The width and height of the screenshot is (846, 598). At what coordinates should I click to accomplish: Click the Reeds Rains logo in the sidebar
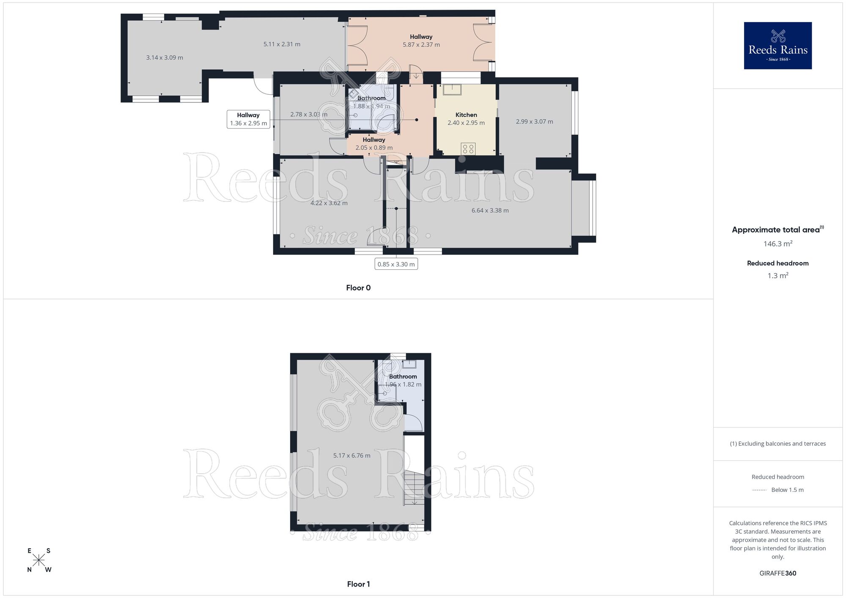[x=777, y=46]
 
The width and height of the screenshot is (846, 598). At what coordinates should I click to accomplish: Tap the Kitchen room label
[x=466, y=115]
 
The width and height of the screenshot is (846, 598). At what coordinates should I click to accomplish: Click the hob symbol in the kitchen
[x=468, y=149]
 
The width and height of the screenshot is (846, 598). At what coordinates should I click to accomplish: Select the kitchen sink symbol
[x=452, y=90]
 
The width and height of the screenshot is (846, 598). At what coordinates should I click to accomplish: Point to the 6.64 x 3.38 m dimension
[x=490, y=211]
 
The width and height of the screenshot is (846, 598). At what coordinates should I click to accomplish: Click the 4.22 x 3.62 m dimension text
[x=329, y=203]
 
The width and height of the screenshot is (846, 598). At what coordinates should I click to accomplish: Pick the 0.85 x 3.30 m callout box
[x=396, y=264]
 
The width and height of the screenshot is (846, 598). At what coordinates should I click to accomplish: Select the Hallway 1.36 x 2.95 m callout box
[x=248, y=119]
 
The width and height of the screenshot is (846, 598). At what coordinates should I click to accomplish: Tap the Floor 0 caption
[x=358, y=288]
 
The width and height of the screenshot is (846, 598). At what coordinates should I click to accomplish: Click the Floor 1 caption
[x=358, y=584]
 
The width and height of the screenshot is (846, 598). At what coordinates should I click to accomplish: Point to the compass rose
[x=39, y=560]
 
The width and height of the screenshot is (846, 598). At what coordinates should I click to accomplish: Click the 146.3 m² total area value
[x=777, y=244]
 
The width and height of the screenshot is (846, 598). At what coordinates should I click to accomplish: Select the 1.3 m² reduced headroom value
[x=777, y=276]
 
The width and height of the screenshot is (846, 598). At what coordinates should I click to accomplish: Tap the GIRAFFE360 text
[x=777, y=573]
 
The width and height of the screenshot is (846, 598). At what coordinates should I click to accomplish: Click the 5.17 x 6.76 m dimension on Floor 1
[x=352, y=456]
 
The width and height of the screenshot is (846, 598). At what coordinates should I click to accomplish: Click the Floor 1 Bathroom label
[x=403, y=377]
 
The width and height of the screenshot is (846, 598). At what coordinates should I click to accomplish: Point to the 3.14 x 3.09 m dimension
[x=165, y=58]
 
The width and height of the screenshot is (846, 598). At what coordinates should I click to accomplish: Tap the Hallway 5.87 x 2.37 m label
[x=421, y=41]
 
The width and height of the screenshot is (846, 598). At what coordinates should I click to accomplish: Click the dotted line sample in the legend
[x=759, y=490]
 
